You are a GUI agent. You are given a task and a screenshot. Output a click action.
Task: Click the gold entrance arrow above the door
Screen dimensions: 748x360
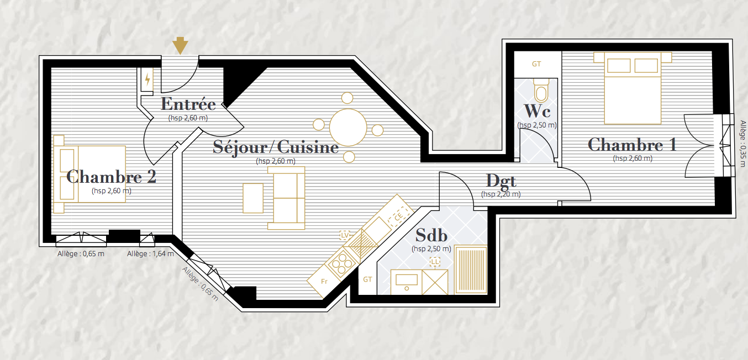coord(180,45)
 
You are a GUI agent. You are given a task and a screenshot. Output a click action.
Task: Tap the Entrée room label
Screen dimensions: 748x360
coord(188,104)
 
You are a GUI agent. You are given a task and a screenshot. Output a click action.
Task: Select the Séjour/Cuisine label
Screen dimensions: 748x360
coord(276,147)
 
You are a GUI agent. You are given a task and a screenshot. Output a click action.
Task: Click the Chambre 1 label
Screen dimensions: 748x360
coord(632,145)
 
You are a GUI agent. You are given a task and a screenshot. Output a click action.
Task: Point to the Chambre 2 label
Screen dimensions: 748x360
coord(111,177)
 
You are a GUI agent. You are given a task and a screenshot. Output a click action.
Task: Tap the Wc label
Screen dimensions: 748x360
coord(537,111)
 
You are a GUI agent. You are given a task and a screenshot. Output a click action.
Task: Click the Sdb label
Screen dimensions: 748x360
coord(431,236)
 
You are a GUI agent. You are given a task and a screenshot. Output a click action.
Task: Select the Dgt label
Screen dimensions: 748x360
coord(501,182)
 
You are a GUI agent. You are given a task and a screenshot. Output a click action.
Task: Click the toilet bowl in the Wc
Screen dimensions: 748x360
coord(541,90)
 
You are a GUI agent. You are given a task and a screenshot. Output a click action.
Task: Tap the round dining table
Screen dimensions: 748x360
coord(348,128)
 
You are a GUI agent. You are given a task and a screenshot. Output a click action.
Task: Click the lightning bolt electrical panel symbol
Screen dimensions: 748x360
coord(148,80)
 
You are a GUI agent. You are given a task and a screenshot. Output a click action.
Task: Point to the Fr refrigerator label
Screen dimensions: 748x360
coord(324,281)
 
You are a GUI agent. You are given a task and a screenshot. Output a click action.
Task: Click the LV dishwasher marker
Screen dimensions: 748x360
coord(345,235)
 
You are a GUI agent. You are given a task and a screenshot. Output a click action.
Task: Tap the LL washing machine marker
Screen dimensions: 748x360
coord(435,262)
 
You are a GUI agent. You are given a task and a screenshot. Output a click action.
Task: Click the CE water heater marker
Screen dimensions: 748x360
coord(399,217)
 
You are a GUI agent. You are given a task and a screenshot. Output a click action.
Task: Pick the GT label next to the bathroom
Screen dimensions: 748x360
coord(367,279)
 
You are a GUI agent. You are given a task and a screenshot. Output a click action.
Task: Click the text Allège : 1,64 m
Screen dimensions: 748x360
coord(150,254)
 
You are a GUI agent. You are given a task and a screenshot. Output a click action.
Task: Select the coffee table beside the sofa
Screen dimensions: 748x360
coord(253,198)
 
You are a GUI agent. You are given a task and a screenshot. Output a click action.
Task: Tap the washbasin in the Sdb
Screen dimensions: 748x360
coord(407,282)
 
